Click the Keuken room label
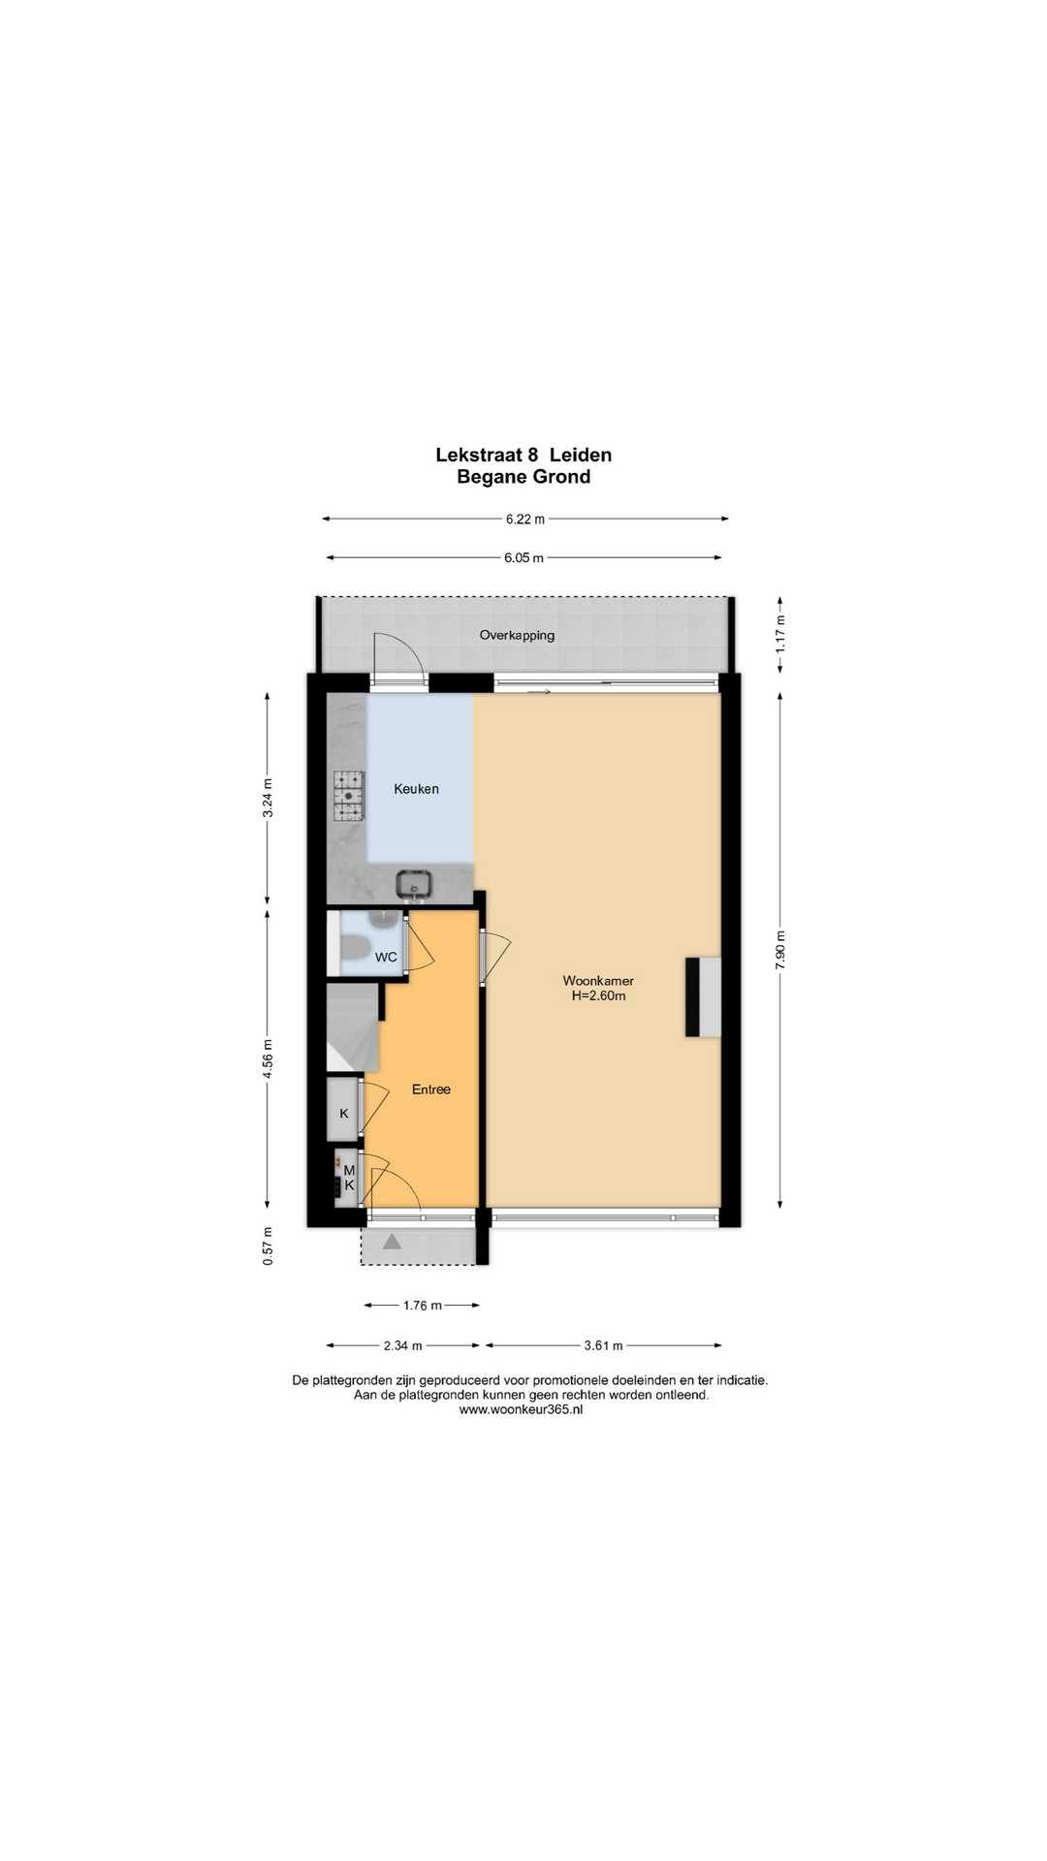416,789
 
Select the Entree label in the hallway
431,1089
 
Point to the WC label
386,958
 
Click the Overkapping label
517,636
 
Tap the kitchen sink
415,883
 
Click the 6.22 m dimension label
525,519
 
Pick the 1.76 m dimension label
422,1306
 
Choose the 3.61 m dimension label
603,1345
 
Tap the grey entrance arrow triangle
393,1242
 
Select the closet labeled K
343,1106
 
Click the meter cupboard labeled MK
346,1176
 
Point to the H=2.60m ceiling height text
598,995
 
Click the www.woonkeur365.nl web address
521,1410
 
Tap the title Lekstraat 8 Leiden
523,455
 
